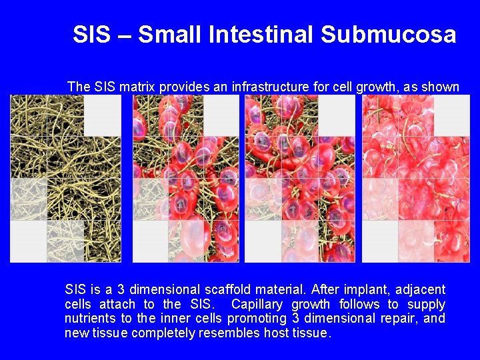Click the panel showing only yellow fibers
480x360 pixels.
pyautogui.click(x=65, y=178)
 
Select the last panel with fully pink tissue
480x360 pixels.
pyautogui.click(x=415, y=178)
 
